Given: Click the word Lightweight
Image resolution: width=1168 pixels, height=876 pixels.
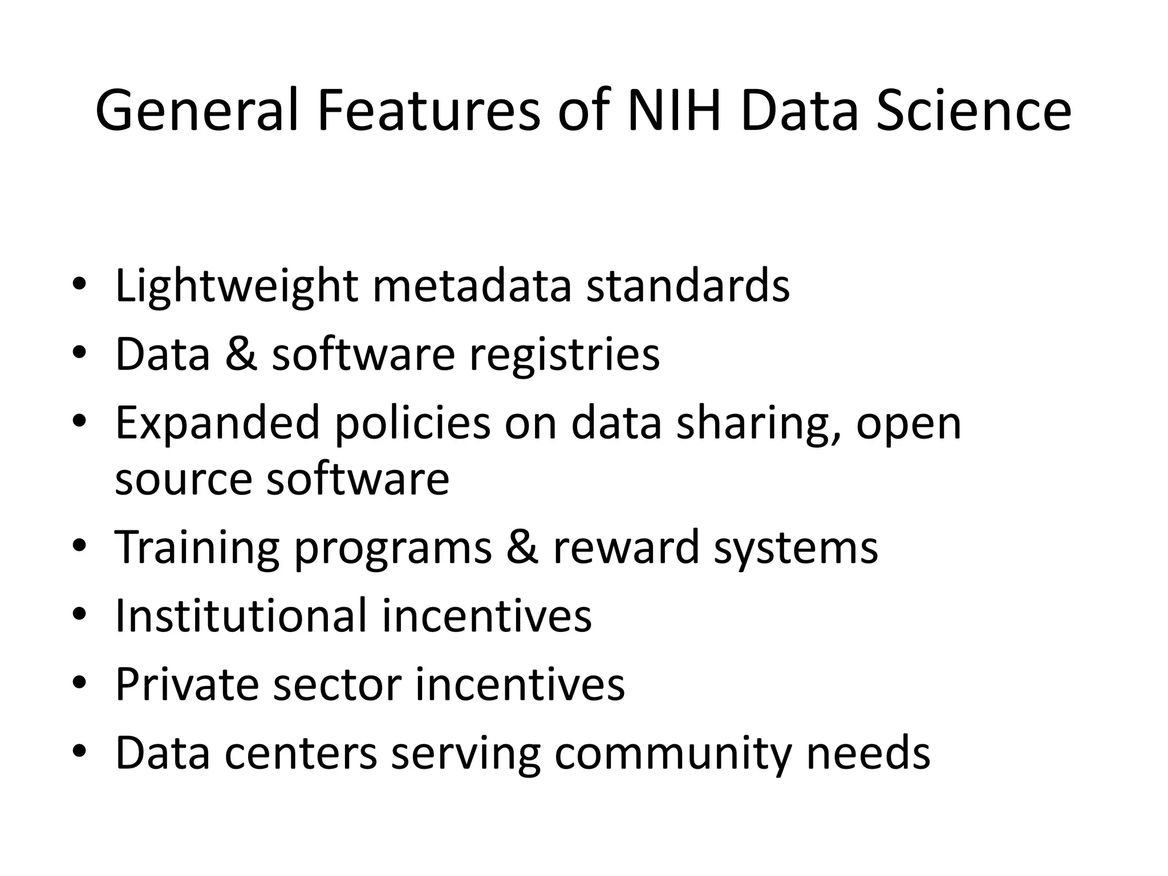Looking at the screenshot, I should pos(237,286).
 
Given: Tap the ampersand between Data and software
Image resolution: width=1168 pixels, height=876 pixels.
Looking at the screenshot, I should pos(241,354).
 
